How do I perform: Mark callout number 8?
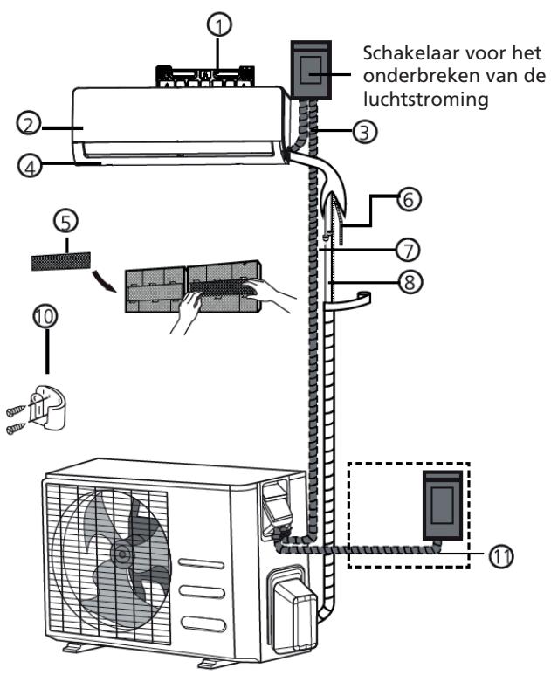[405, 283]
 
